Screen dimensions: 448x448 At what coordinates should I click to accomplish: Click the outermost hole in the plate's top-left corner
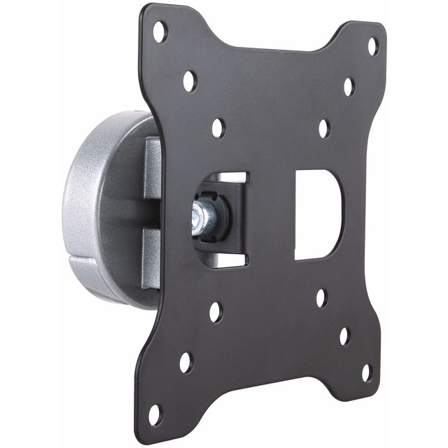click(x=160, y=31)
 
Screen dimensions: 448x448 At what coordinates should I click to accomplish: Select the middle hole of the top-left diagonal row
click(x=190, y=80)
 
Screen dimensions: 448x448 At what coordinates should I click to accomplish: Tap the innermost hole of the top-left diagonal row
click(x=218, y=127)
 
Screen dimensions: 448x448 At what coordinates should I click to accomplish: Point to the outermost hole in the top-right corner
click(x=373, y=45)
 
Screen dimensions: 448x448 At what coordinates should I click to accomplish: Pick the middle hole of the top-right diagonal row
click(x=349, y=87)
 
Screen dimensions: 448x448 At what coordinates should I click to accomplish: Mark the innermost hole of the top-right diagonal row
click(x=324, y=128)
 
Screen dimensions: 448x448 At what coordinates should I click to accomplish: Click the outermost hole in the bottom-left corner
click(x=155, y=414)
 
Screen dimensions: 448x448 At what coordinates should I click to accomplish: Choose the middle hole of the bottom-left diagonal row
click(x=185, y=363)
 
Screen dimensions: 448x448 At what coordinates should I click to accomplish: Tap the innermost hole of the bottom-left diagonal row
click(x=216, y=311)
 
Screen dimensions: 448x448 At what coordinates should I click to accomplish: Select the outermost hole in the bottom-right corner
click(x=366, y=372)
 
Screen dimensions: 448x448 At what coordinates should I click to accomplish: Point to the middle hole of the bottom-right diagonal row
click(x=344, y=336)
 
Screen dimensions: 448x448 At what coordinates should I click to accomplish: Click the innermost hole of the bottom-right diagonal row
click(x=321, y=298)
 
